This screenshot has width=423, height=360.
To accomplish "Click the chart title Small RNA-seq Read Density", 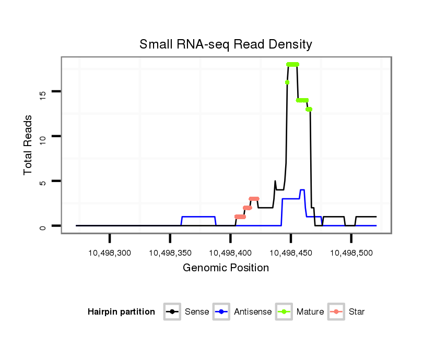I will click(226, 44).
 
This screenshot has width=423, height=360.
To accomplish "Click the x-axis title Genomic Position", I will click(226, 268).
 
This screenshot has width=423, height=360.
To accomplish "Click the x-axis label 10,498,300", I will click(110, 253).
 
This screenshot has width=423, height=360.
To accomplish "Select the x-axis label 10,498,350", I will click(170, 253).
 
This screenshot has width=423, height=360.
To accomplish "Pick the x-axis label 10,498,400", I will click(230, 253).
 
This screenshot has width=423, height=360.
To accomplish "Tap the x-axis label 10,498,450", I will click(291, 253).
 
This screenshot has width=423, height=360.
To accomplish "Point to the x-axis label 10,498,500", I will click(351, 253).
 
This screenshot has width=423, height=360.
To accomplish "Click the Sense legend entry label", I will click(197, 312).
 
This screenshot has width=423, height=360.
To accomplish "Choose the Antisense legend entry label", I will click(253, 312).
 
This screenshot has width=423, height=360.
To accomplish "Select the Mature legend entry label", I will click(310, 312).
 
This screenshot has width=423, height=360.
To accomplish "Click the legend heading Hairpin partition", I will click(121, 312).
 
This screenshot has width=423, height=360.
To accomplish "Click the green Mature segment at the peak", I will click(292, 64).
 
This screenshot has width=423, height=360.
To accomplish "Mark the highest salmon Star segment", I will click(254, 199).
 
